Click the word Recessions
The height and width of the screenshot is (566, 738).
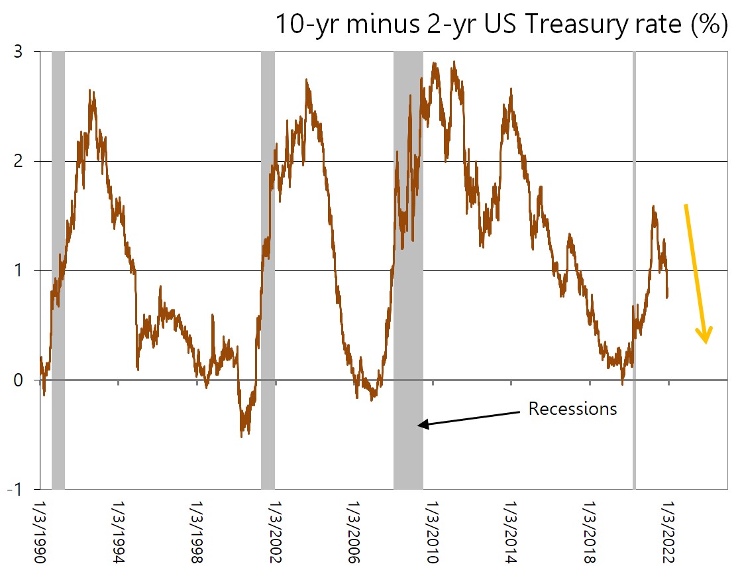pyautogui.click(x=572, y=409)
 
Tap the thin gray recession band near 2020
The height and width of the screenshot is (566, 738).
pyautogui.click(x=634, y=265)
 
